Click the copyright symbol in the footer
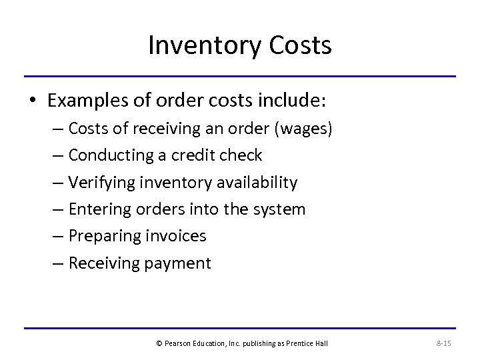[159, 343]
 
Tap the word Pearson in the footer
[178, 343]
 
